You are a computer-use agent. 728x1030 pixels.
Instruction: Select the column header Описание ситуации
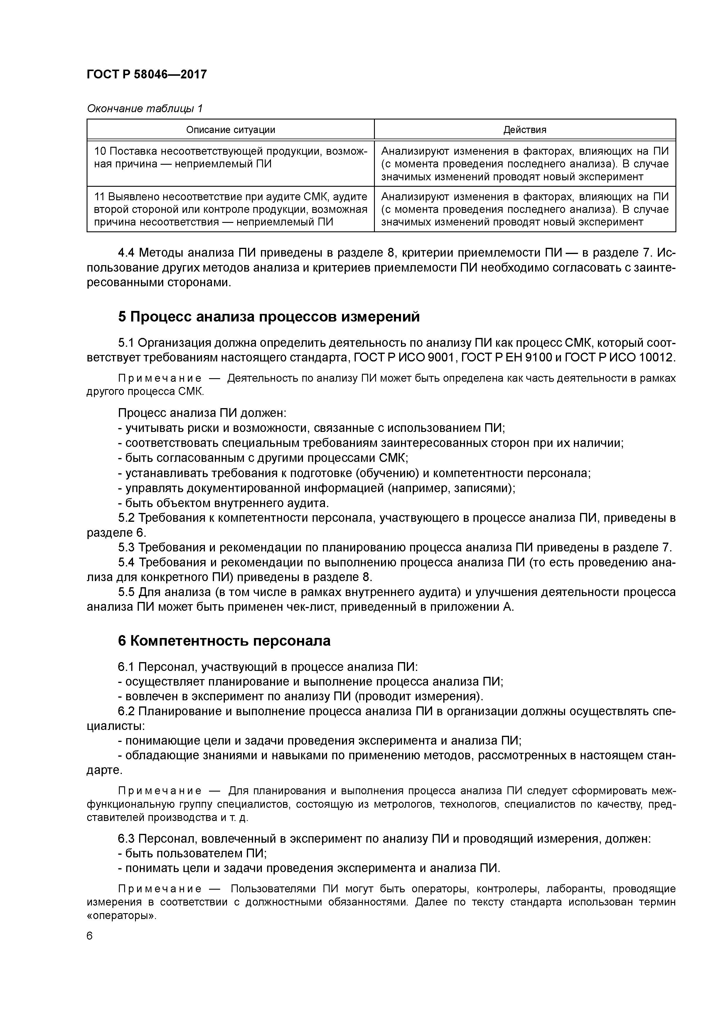point(230,130)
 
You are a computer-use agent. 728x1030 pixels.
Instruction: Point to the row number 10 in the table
point(100,151)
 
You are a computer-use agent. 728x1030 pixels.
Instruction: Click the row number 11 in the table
point(99,197)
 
